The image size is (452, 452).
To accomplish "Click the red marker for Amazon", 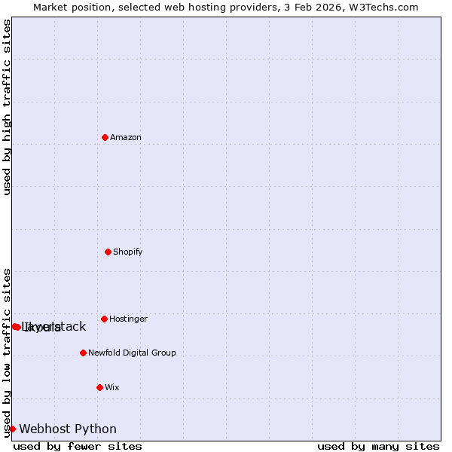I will tap(105, 137).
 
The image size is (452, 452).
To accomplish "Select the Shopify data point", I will tap(108, 252).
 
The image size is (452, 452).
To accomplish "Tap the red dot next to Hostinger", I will tap(104, 319).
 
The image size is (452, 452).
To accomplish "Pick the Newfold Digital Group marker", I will tap(83, 353).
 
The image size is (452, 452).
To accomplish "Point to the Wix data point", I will tap(99, 387).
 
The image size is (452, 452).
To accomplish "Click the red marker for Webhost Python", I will tap(12, 429).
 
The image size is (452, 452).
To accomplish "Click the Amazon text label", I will tap(126, 137).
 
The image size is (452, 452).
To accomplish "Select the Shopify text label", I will tap(128, 252).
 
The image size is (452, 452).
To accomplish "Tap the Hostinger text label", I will tap(128, 319).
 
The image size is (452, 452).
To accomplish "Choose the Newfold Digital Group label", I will tap(132, 353).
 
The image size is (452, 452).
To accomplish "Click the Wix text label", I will tap(112, 387).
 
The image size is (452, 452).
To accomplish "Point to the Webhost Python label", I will tap(68, 429).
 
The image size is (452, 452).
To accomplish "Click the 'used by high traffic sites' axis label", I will tap(7, 107).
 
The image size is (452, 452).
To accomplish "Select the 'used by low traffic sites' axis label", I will tap(7, 352).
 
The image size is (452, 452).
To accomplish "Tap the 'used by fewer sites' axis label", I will tap(78, 447).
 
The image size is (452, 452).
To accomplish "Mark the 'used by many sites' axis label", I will tap(378, 447).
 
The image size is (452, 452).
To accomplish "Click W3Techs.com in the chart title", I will tap(387, 7).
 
